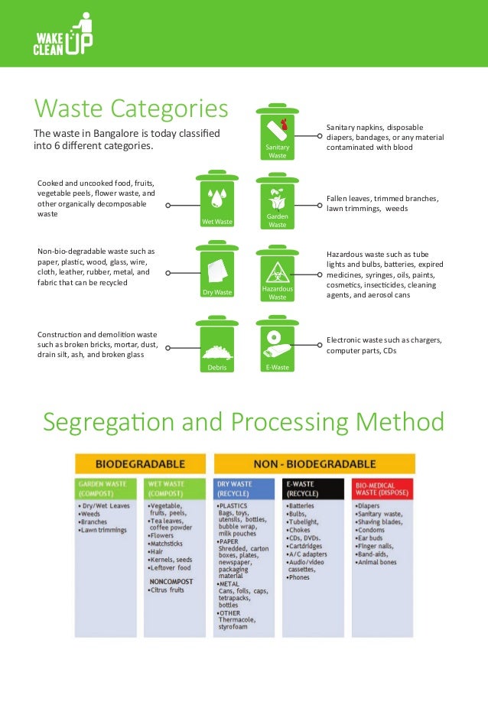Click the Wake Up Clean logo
coord(62,34)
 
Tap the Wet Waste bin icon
coord(217,199)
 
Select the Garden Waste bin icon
coord(277,201)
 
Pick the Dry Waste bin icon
coord(217,270)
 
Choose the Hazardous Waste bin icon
coord(277,273)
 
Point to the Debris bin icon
coord(217,345)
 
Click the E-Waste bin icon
coord(277,345)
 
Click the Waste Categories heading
coord(131,108)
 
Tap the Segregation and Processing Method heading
coord(243,421)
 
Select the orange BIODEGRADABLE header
coord(140,463)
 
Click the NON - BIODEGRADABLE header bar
coord(314,463)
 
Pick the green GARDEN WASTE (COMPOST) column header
coord(106,488)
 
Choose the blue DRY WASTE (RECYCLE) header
coord(244,488)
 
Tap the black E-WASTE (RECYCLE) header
coord(314,488)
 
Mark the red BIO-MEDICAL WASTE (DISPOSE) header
coord(382,488)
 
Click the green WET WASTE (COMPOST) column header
coord(174,488)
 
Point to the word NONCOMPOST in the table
coord(170,580)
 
